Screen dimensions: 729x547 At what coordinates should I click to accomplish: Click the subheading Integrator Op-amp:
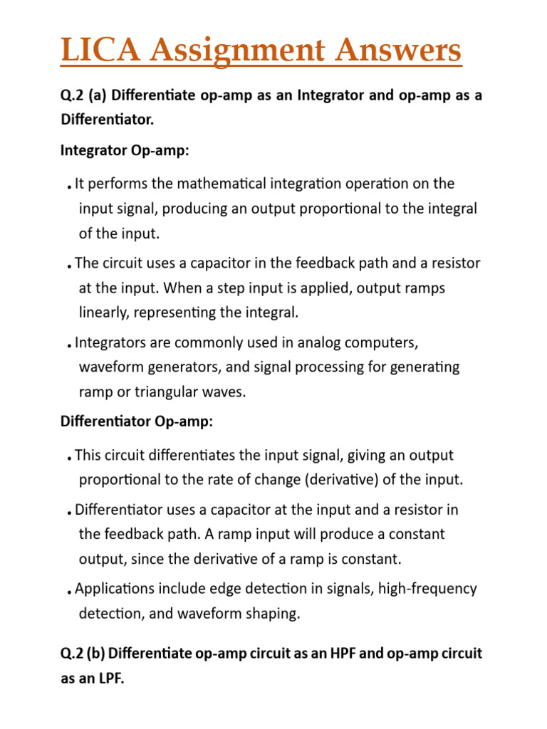point(125,151)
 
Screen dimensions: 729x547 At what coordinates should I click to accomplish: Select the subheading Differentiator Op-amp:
point(136,421)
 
